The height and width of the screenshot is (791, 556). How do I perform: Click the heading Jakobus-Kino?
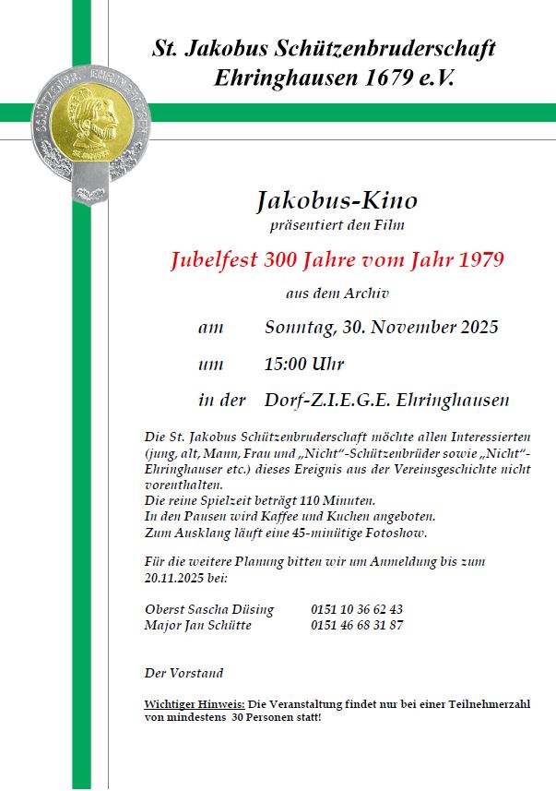point(337,200)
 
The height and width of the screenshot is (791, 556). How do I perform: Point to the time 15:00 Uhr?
point(304,364)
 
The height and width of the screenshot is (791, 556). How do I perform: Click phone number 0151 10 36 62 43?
point(357,609)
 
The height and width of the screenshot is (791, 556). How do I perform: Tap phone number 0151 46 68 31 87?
point(357,625)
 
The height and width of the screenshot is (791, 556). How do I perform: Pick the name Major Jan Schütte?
point(197,625)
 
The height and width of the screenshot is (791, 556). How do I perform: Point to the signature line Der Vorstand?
point(183,673)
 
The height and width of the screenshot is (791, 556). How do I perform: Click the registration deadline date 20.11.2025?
point(176,577)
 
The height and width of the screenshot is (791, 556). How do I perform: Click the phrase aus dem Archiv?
point(337,294)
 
